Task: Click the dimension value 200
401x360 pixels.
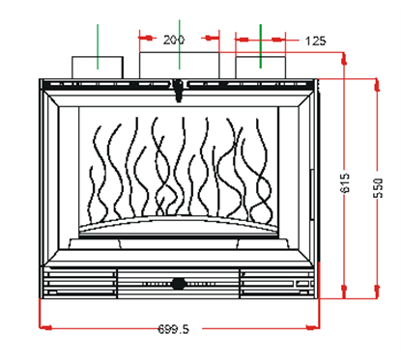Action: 174,41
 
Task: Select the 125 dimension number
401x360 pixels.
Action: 314,41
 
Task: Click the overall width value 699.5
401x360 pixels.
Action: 173,329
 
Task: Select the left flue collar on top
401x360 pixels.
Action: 97,66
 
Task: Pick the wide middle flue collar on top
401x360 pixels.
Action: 180,64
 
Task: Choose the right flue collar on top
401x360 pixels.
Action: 260,66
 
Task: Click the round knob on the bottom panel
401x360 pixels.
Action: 179,284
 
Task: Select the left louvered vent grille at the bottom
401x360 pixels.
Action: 77,283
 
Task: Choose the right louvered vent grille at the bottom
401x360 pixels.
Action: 278,283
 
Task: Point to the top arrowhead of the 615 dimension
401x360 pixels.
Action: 346,57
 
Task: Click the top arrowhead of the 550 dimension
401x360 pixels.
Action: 377,81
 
